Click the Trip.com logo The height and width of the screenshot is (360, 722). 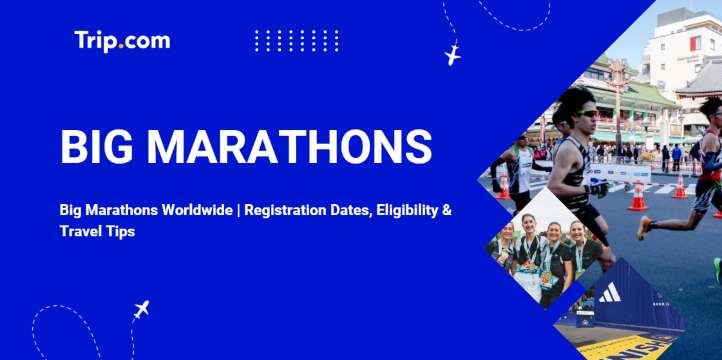point(122,41)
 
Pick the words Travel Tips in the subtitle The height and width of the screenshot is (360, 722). point(97,231)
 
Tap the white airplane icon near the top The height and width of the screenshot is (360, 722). point(453,53)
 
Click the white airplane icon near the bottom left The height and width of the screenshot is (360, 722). point(141,310)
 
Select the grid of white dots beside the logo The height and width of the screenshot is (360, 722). point(297,41)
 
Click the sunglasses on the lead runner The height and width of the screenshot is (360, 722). point(586,113)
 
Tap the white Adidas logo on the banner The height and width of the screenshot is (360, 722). point(609,293)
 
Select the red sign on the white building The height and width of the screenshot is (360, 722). point(694,44)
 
